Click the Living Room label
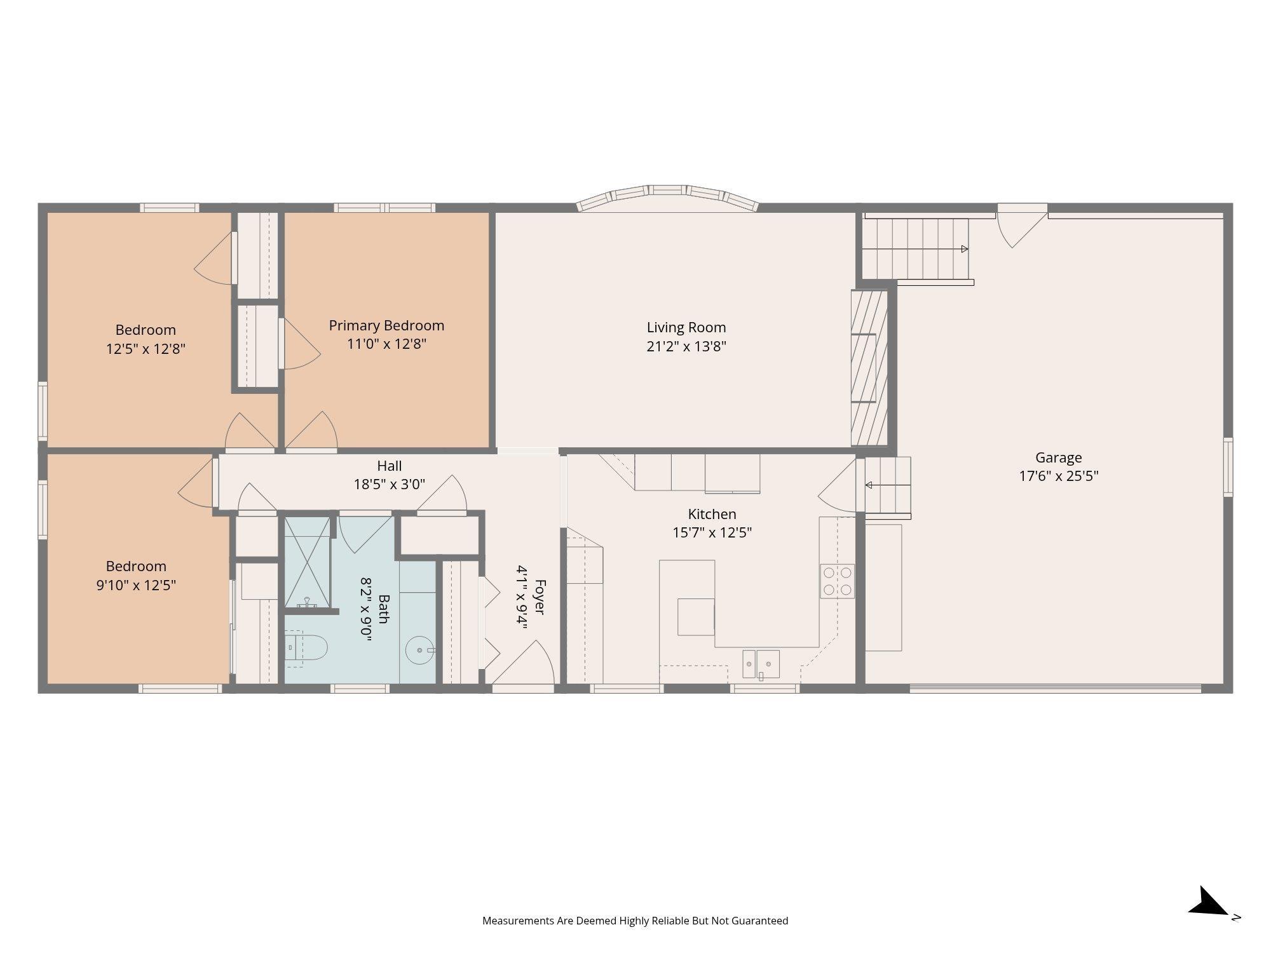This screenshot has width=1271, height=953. tap(686, 327)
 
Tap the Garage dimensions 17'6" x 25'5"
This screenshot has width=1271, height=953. tap(1059, 476)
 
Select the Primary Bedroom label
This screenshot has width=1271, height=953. tap(386, 325)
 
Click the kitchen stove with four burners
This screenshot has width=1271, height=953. tap(837, 581)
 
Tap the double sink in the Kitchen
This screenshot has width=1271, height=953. tap(761, 665)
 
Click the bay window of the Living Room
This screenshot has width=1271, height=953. tap(667, 197)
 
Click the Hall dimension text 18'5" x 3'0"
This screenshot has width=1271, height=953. tap(390, 484)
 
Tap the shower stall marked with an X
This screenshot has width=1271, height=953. tap(308, 562)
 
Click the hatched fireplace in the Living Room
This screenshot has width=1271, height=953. tap(869, 368)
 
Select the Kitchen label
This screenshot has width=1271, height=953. tap(712, 514)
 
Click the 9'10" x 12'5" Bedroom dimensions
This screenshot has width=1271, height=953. tap(136, 585)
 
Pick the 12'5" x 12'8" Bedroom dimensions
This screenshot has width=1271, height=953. tap(146, 348)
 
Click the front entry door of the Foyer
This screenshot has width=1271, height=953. tap(525, 664)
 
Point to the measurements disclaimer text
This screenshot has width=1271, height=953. tap(635, 921)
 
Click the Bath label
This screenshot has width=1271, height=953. tap(384, 609)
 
